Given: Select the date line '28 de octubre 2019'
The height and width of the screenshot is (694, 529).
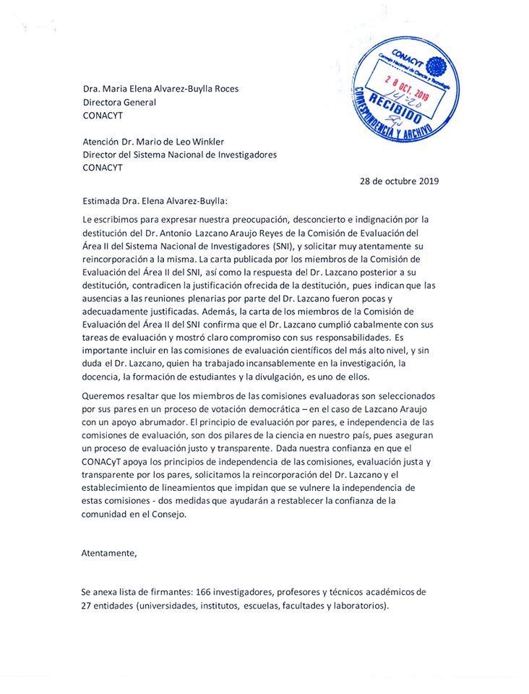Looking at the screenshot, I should (399, 181).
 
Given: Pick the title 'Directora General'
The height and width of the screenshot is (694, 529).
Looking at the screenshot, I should (119, 102).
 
